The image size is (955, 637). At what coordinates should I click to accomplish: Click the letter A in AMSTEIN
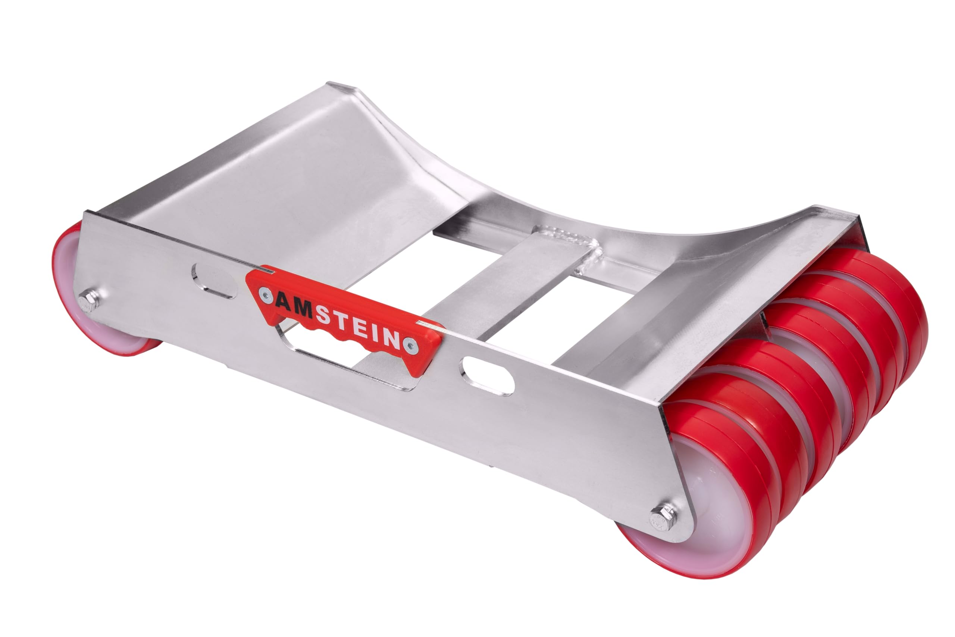(284, 302)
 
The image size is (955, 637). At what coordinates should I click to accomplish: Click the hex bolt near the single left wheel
(89, 302)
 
